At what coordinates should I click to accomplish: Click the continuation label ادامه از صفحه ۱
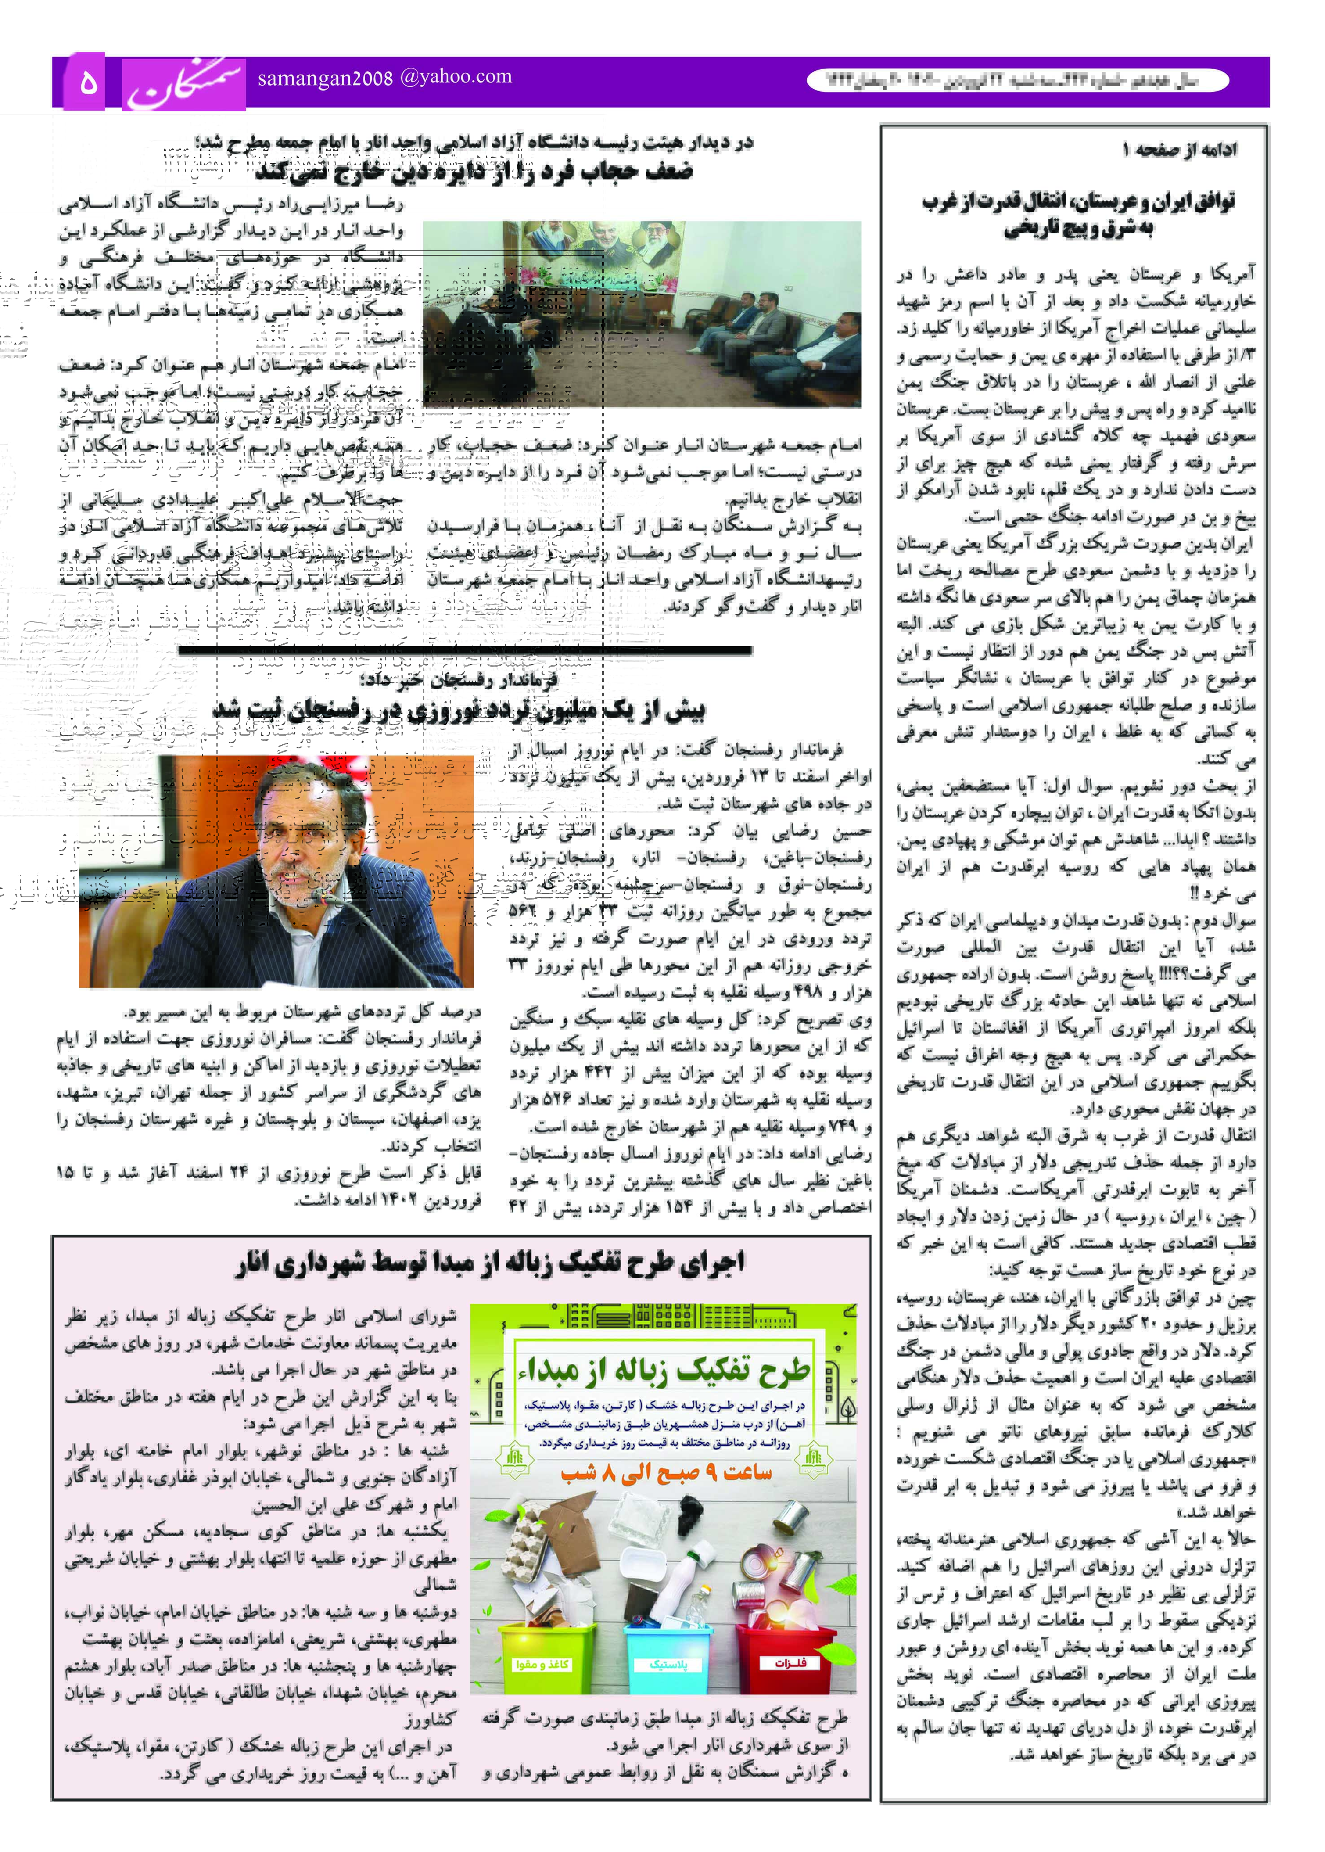(x=1179, y=149)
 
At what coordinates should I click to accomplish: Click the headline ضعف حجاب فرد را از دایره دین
(x=473, y=172)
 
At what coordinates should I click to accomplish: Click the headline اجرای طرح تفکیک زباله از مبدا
(x=490, y=1263)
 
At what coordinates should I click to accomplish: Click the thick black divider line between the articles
(x=464, y=650)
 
